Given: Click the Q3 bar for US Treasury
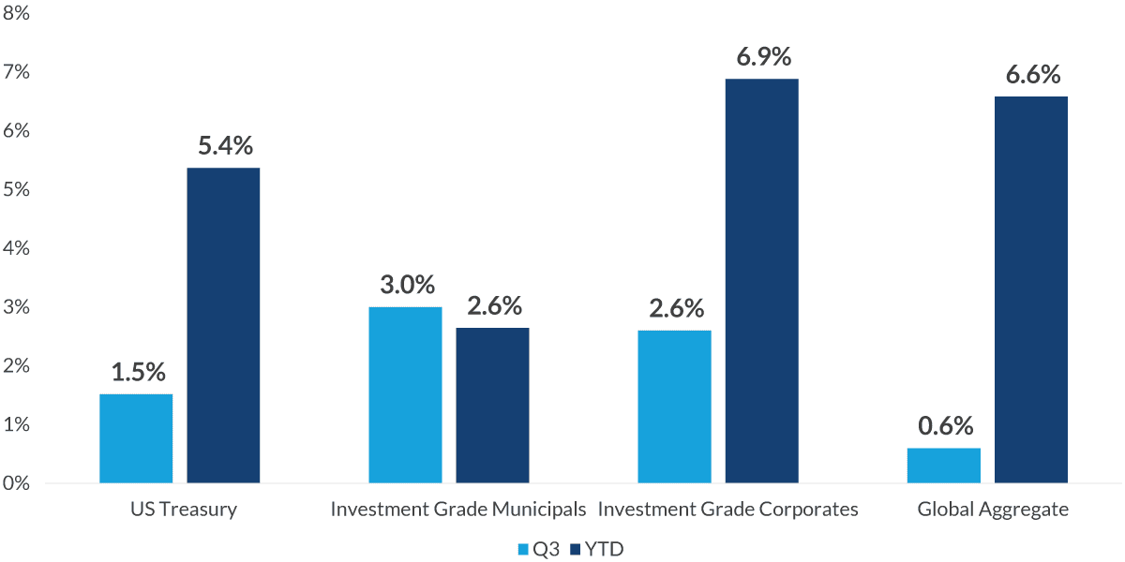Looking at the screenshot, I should (x=136, y=438).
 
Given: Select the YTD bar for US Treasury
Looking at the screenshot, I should (x=223, y=325).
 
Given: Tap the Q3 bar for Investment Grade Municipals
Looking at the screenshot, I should (x=405, y=394).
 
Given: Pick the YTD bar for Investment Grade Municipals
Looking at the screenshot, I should (x=492, y=405).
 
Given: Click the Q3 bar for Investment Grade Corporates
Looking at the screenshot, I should (x=674, y=407).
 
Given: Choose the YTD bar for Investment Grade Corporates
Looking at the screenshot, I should (x=761, y=281).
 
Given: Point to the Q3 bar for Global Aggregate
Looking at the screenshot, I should (x=943, y=466).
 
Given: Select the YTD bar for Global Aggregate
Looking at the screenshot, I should (x=1031, y=289).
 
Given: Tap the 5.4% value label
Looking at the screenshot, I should (x=225, y=146).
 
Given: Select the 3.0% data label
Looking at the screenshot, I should (x=407, y=285).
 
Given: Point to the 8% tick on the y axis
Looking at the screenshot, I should (x=17, y=14).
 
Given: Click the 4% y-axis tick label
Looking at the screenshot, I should (x=17, y=249).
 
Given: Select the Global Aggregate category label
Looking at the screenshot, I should (x=993, y=510).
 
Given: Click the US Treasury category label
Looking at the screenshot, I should (x=184, y=510).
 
